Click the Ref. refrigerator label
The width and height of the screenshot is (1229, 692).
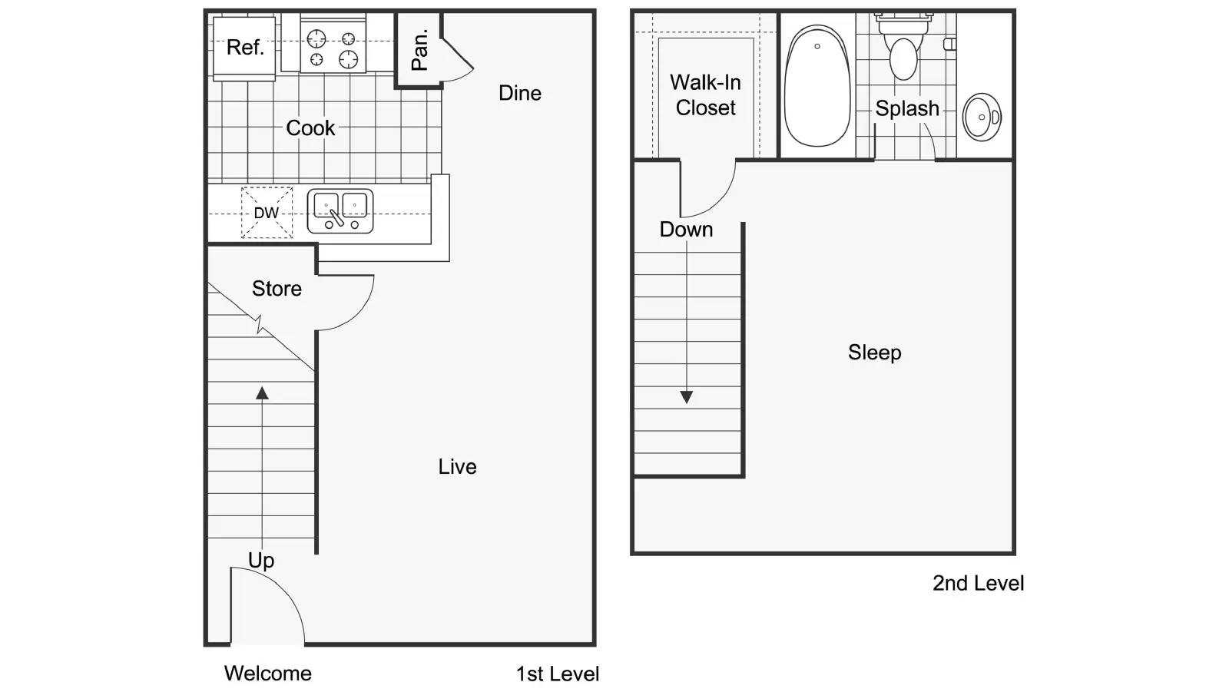[x=245, y=48]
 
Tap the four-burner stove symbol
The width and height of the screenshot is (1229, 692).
[x=332, y=48]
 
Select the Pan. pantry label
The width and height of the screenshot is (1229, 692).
[x=419, y=51]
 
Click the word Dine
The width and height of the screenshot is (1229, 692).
[x=520, y=93]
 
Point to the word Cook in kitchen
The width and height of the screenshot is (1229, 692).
[x=310, y=127]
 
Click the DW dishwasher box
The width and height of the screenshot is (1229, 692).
[x=267, y=213]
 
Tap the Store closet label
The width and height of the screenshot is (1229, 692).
[x=277, y=289]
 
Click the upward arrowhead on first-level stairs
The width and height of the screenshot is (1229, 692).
[x=262, y=393]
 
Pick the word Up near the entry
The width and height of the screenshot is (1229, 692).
[x=261, y=560]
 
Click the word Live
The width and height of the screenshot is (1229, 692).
[x=457, y=467]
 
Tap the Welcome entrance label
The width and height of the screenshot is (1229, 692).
[x=268, y=674]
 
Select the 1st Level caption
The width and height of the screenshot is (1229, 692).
[x=557, y=674]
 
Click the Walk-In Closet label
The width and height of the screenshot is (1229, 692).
[x=705, y=95]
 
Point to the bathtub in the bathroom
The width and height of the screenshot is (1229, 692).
[x=817, y=86]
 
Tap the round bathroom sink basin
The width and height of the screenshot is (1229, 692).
[x=982, y=117]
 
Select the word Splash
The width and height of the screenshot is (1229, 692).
[x=907, y=109]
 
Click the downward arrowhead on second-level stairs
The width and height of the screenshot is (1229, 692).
[x=687, y=397]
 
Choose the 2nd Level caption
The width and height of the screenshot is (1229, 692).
[x=978, y=584]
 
